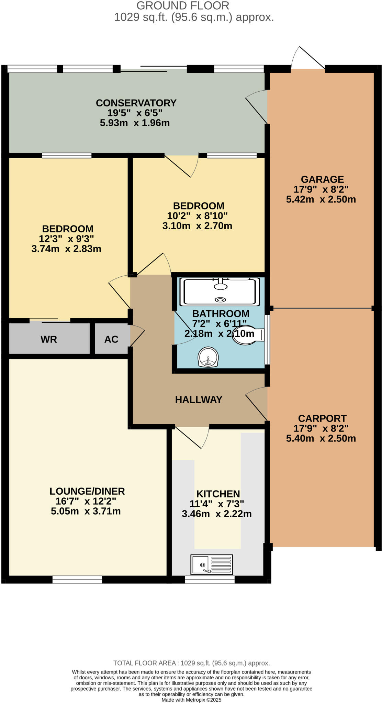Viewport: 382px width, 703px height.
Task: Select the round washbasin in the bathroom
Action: pyautogui.click(x=208, y=357)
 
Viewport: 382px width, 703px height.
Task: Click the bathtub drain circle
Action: pyautogui.click(x=220, y=300)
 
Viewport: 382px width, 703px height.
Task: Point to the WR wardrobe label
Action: pyautogui.click(x=49, y=339)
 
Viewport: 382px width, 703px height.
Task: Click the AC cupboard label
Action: pyautogui.click(x=111, y=339)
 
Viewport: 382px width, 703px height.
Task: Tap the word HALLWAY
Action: pyautogui.click(x=199, y=400)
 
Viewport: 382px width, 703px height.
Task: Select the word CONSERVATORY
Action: pyautogui.click(x=136, y=103)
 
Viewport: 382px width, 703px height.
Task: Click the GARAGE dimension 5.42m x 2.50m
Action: pyautogui.click(x=321, y=199)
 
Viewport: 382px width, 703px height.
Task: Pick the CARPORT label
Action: pyautogui.click(x=322, y=418)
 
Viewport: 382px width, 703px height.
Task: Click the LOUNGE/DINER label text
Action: pyautogui.click(x=87, y=491)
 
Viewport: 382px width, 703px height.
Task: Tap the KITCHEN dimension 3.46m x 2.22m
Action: pyautogui.click(x=217, y=514)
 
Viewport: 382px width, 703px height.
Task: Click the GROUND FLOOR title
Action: pyautogui.click(x=183, y=6)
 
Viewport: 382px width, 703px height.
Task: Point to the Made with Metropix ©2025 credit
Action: pyautogui.click(x=191, y=700)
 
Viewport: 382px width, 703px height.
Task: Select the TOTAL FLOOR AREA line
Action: pyautogui.click(x=191, y=663)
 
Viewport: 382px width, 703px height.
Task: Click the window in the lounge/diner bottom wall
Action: pyautogui.click(x=77, y=579)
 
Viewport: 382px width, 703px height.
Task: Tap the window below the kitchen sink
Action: pyautogui.click(x=210, y=579)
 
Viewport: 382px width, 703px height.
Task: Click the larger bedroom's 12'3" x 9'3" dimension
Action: pyautogui.click(x=66, y=239)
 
